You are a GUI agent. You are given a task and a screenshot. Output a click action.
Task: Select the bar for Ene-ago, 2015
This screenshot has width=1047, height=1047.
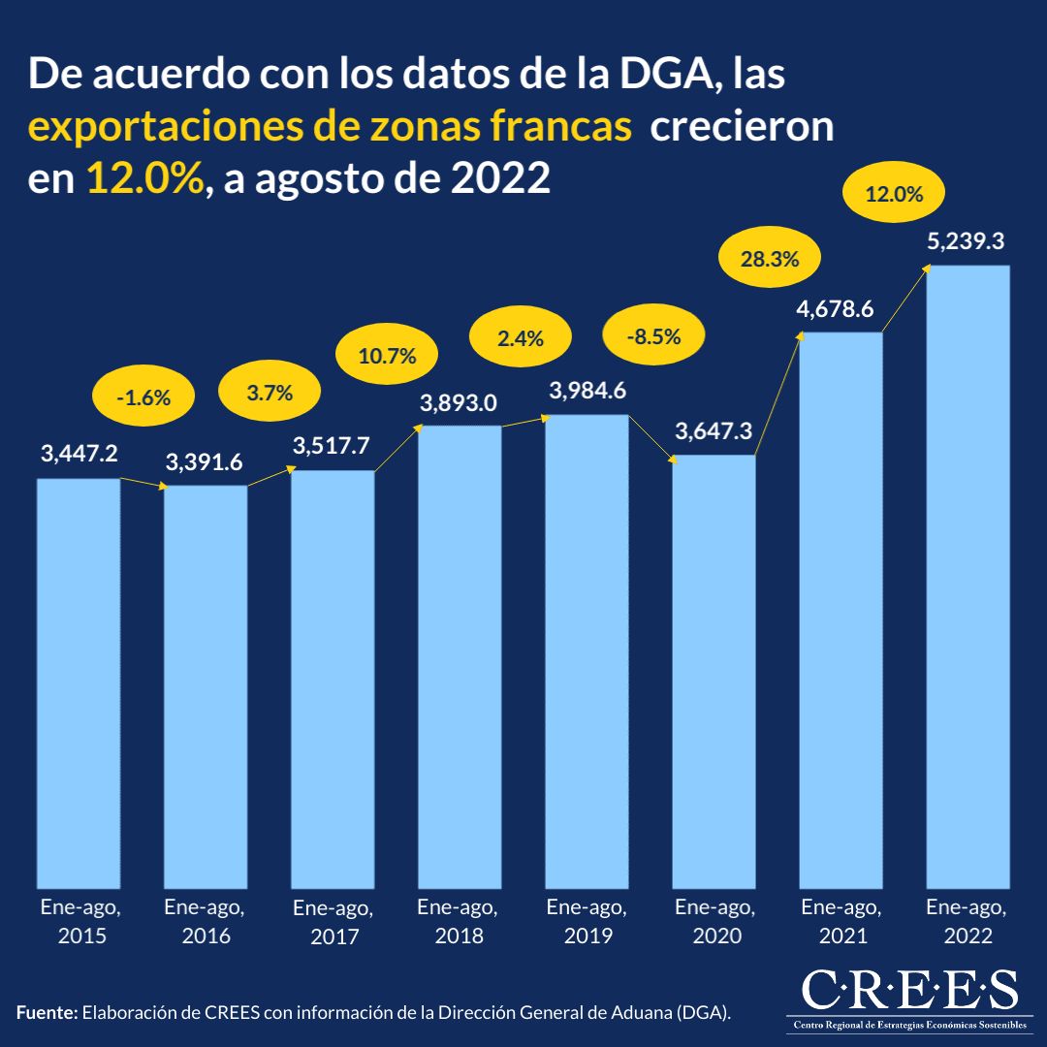coord(79,682)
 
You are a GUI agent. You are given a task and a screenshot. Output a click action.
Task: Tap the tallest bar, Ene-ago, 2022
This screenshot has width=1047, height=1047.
coord(968,576)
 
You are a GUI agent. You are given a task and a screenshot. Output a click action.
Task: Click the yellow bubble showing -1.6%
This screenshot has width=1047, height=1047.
coord(143,397)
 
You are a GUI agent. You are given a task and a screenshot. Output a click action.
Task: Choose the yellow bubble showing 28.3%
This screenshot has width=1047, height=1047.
coord(770,259)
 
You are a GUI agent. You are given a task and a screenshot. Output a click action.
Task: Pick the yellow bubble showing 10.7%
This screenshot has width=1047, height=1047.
coord(387,356)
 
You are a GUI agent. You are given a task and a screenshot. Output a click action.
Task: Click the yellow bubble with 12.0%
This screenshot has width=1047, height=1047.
coord(894,194)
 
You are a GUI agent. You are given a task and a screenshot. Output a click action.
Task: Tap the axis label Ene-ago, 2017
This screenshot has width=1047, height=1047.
coord(333,923)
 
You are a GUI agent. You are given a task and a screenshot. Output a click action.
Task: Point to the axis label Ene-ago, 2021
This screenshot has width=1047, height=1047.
coord(841,921)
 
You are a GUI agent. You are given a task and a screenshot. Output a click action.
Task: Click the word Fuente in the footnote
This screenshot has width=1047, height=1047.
coord(47,1013)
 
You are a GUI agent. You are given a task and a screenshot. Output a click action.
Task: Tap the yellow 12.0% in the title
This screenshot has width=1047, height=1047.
coord(145,180)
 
